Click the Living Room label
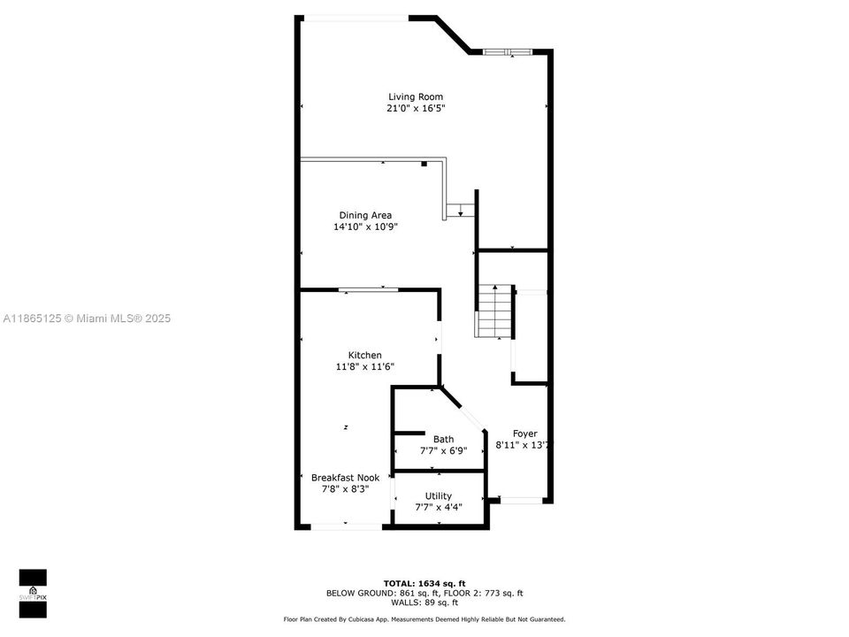(416, 96)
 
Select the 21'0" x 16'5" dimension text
(416, 109)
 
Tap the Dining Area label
(365, 215)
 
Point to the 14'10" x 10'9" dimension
(365, 226)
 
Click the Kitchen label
(364, 355)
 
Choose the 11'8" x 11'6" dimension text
(364, 366)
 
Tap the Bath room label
(443, 439)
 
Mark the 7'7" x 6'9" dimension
(443, 450)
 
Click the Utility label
(439, 495)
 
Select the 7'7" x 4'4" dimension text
(439, 507)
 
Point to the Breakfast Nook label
(345, 477)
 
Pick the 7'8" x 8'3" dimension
(345, 488)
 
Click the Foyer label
(525, 434)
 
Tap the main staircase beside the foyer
(495, 311)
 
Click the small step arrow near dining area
(460, 210)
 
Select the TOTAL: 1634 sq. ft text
(424, 584)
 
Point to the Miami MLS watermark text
(87, 318)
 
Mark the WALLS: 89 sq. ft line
(424, 602)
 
